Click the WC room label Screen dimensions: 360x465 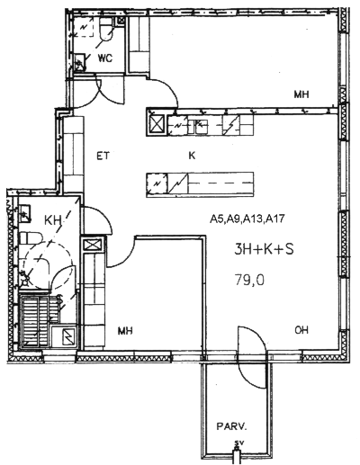pos(105,58)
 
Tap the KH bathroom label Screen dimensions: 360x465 pos(53,220)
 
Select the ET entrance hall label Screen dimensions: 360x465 pos(103,156)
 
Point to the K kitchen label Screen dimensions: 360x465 pos(192,156)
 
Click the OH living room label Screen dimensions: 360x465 pos(301,330)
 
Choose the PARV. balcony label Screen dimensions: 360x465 pos(231,426)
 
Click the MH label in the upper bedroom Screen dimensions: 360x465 pos(301,94)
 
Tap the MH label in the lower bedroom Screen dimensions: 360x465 pos(125,331)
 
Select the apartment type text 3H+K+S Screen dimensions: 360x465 pos(264,249)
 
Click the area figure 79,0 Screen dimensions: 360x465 pos(249,281)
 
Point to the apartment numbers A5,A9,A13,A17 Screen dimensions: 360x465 pos(247,219)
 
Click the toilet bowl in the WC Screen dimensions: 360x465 pos(106,29)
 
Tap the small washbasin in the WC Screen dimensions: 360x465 pos(79,62)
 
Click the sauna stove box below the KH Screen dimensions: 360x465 pos(65,335)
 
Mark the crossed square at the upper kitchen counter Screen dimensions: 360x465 pos(157,124)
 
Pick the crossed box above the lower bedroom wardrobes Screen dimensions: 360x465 pos(93,245)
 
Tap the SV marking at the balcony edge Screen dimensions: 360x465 pos(238,443)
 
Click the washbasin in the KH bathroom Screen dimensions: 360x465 pos(24,213)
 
